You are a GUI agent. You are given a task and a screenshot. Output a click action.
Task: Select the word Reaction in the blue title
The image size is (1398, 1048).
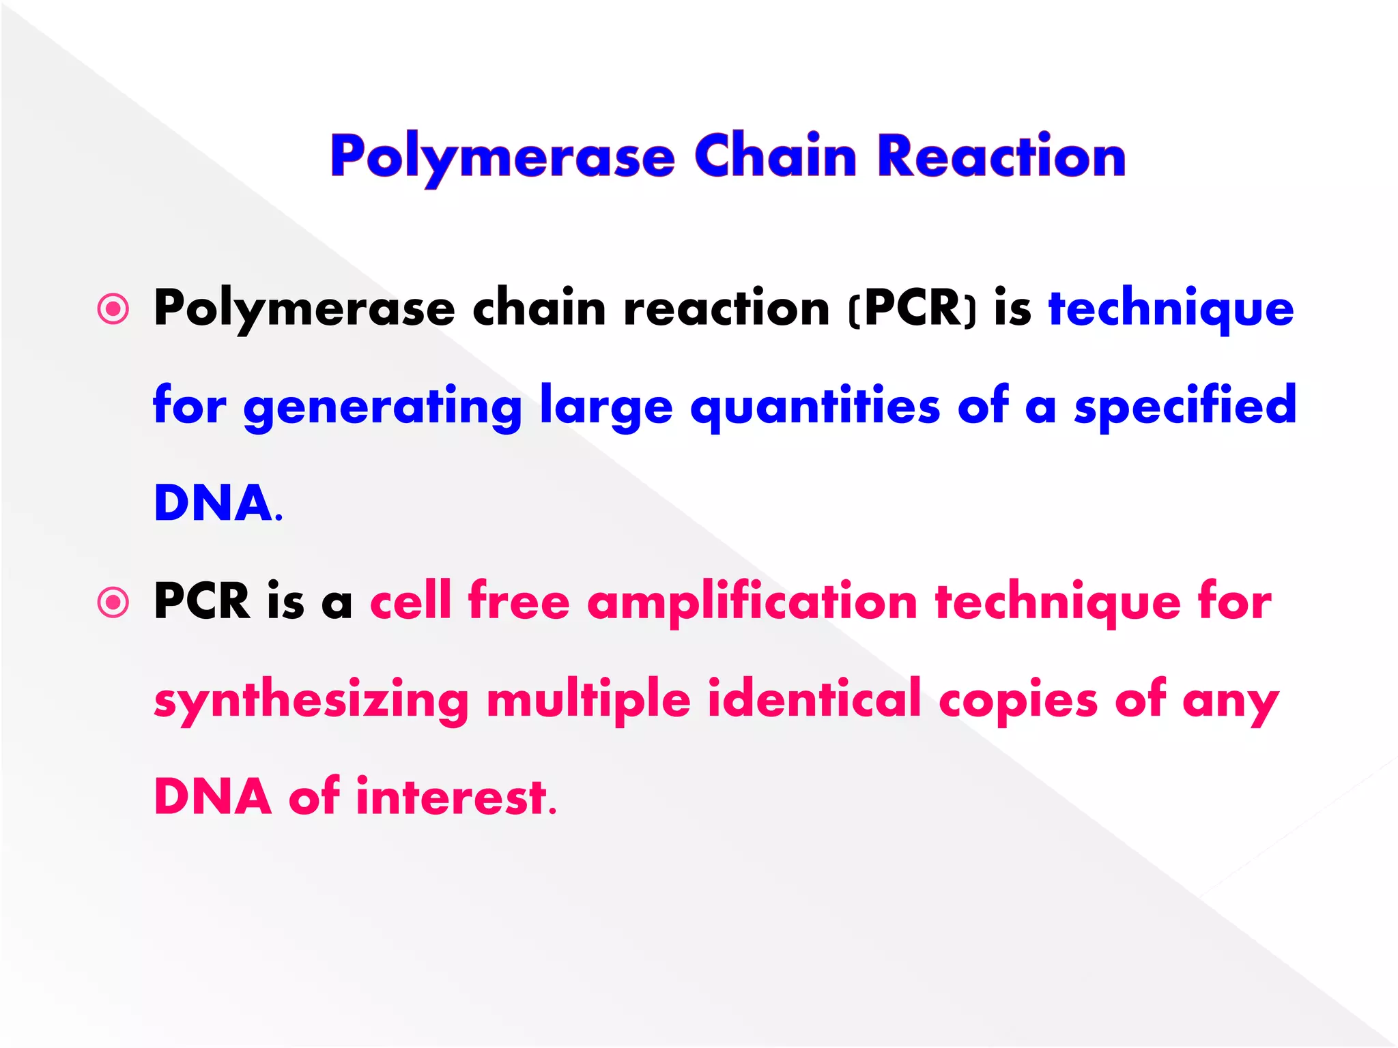[1001, 156]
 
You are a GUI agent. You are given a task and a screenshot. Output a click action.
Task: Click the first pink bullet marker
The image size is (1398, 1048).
[113, 309]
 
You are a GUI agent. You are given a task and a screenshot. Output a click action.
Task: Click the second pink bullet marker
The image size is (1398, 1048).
[113, 602]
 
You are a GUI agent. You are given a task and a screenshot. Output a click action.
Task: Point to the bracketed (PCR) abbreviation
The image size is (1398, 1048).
[913, 309]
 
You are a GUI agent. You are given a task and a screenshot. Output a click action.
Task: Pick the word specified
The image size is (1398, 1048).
[1185, 407]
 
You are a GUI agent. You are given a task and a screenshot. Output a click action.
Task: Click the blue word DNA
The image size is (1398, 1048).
[214, 504]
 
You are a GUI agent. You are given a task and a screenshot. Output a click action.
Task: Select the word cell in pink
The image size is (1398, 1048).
[410, 601]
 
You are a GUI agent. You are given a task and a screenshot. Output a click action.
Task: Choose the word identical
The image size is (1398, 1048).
[814, 699]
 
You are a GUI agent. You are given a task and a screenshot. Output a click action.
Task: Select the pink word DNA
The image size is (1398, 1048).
[213, 797]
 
